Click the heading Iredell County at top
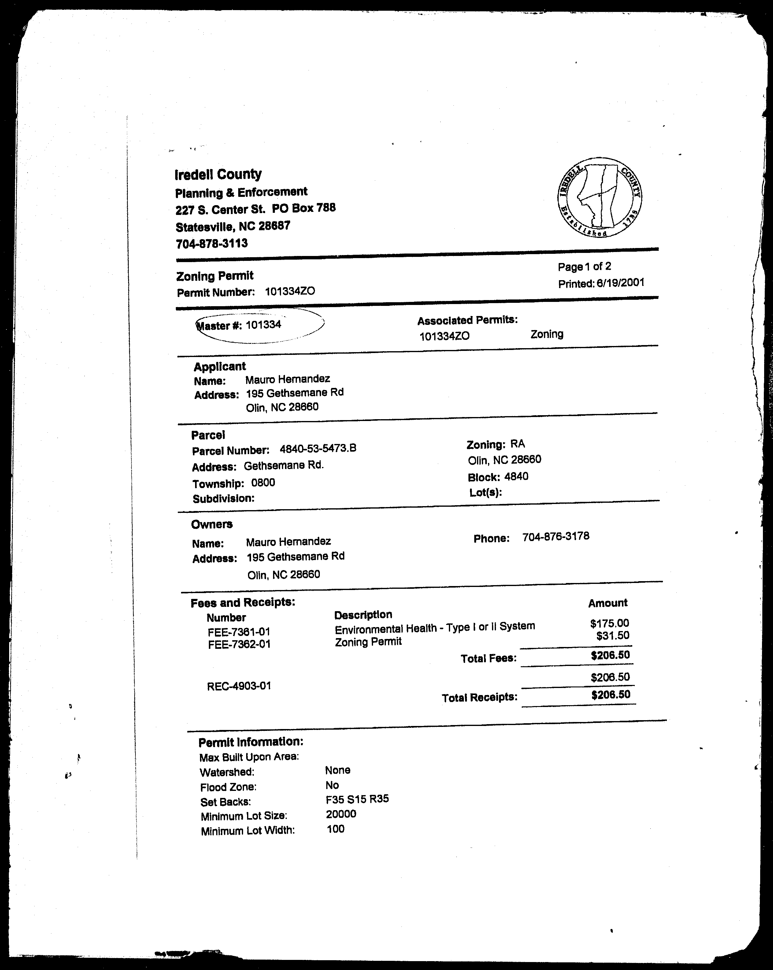coord(218,174)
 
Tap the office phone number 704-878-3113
coord(211,243)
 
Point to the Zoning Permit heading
coord(215,276)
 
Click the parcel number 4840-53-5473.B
coord(318,449)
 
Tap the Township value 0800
coord(263,483)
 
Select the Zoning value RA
coord(517,444)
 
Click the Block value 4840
coord(516,476)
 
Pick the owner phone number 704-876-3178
coord(556,536)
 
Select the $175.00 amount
coord(609,623)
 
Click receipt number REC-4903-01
coord(239,686)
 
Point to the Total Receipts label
coord(479,697)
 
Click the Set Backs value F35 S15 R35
coord(357,799)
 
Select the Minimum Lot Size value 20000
coord(341,814)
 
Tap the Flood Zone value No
coord(332,785)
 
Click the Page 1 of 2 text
coord(584,266)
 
